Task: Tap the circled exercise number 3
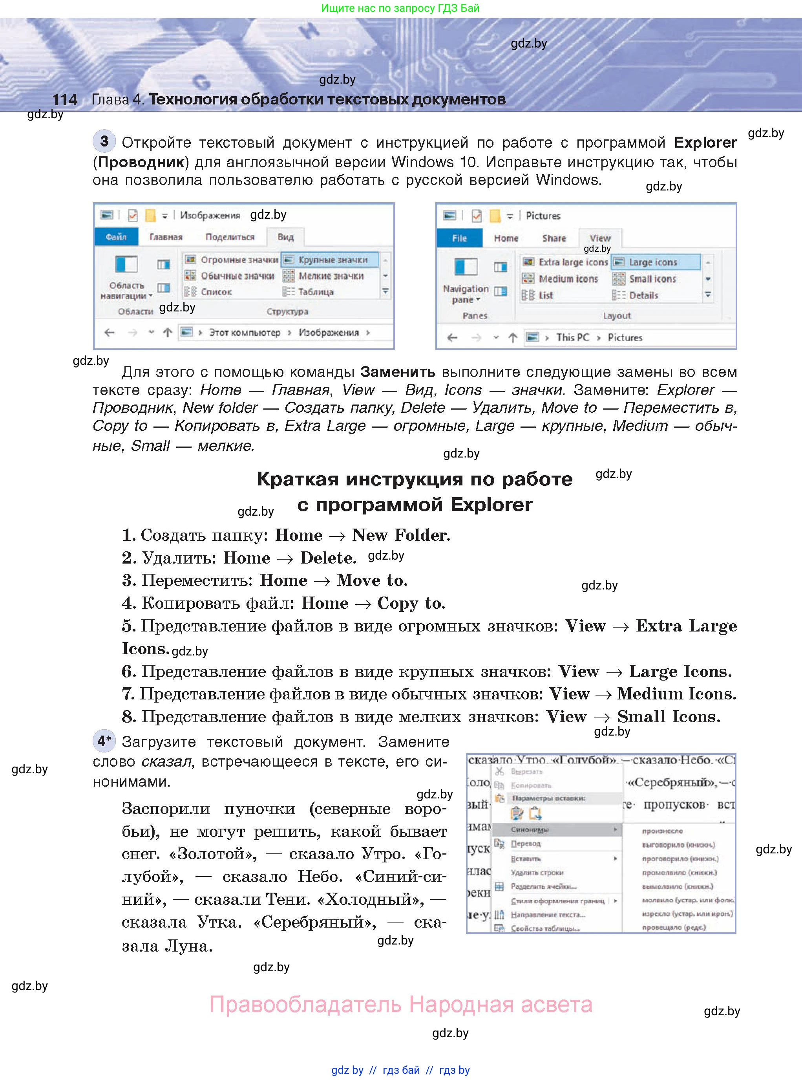(104, 141)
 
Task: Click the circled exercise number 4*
(104, 741)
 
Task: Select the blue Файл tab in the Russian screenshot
(116, 237)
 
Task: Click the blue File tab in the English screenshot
(459, 238)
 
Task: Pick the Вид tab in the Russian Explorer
(285, 237)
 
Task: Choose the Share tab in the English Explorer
(554, 238)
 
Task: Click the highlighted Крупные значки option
(332, 260)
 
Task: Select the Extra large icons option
(573, 262)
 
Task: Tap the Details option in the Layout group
(643, 295)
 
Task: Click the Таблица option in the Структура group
(316, 292)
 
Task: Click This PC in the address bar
(572, 337)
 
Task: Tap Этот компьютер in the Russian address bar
(245, 333)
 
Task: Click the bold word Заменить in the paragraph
(398, 372)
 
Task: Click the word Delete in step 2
(328, 558)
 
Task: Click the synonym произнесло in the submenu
(662, 831)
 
